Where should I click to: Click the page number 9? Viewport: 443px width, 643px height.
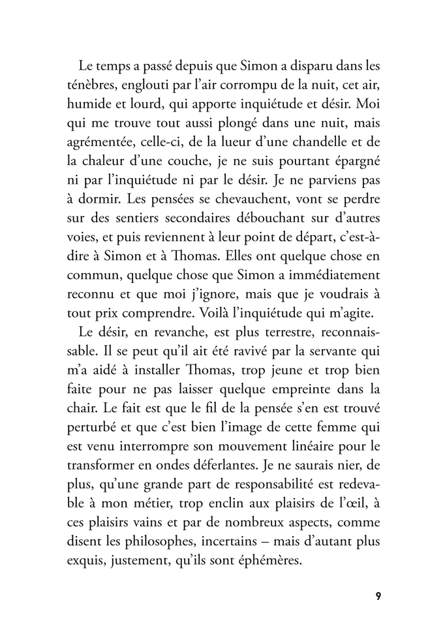pyautogui.click(x=378, y=597)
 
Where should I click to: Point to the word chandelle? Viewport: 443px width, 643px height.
pyautogui.click(x=309, y=140)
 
